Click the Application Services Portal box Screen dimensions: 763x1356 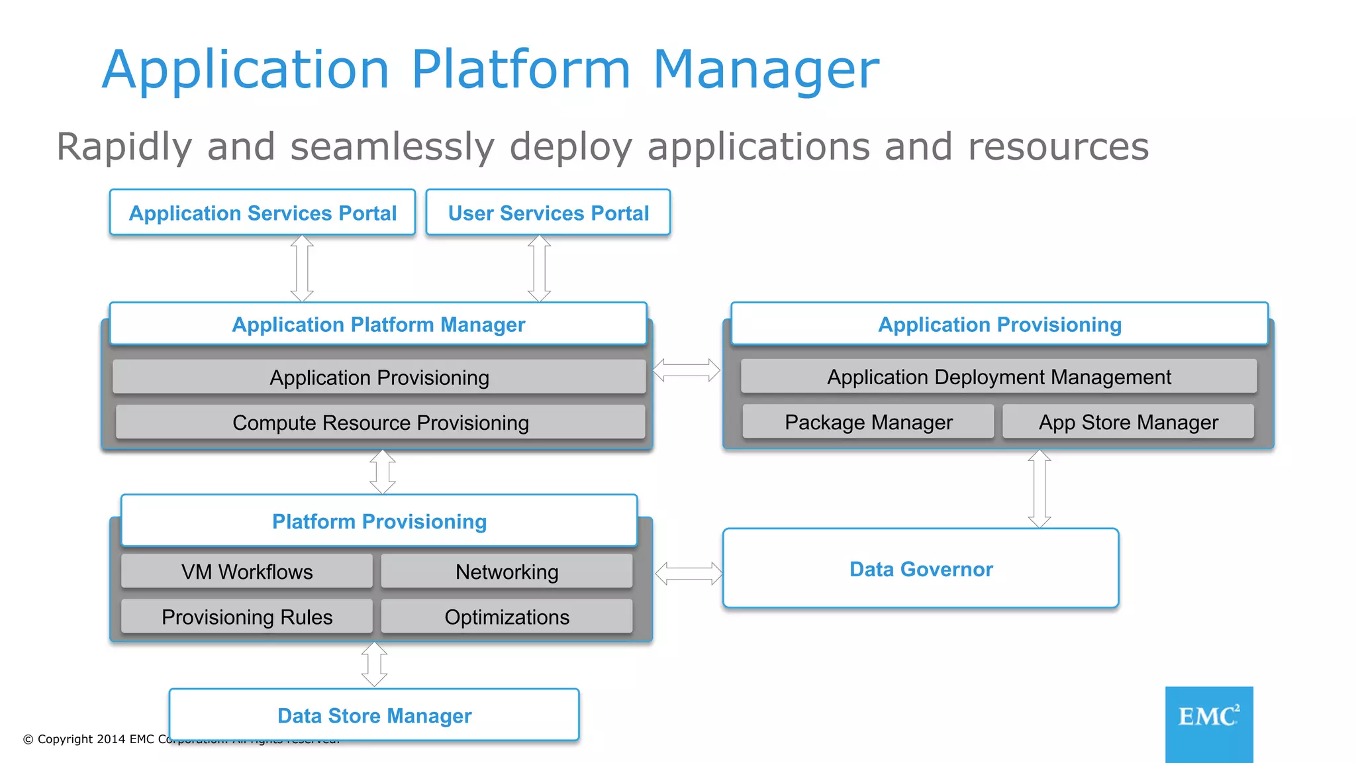tap(262, 213)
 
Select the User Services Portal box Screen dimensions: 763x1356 tap(548, 213)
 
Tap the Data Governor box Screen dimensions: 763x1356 tap(920, 569)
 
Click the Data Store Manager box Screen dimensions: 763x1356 tap(374, 715)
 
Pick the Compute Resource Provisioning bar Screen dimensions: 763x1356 tap(380, 423)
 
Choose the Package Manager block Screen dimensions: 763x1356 tap(868, 422)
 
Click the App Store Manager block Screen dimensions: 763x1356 tap(1128, 422)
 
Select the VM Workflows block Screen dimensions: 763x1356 tap(247, 572)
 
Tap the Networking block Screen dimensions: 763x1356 tap(507, 572)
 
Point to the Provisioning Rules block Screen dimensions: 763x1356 tap(247, 617)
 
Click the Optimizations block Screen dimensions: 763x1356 tap(507, 617)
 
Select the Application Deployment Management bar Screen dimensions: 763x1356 tap(998, 377)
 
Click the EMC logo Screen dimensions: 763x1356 tap(1208, 723)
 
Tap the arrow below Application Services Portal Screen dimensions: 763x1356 tap(302, 268)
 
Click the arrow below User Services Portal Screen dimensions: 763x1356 tap(539, 268)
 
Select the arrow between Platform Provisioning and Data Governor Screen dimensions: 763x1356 tap(689, 573)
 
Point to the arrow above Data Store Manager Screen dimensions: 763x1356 tap(374, 664)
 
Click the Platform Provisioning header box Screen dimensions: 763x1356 tap(379, 521)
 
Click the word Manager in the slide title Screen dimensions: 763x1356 tap(766, 70)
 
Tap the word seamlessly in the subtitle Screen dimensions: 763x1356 tap(392, 147)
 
